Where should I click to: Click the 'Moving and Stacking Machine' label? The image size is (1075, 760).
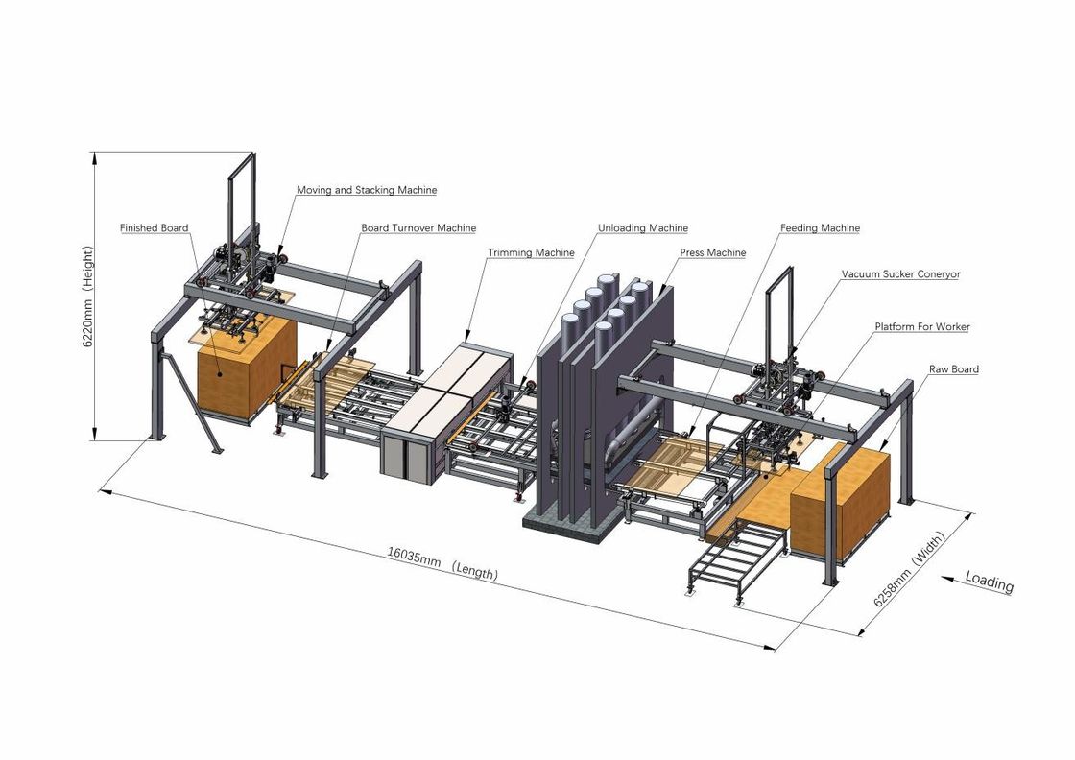click(x=367, y=190)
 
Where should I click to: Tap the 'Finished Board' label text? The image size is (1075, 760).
click(x=155, y=228)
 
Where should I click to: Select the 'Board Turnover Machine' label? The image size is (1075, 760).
click(x=418, y=228)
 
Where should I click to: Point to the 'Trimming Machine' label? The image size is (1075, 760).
click(x=531, y=253)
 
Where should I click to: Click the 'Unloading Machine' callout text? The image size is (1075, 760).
click(x=643, y=228)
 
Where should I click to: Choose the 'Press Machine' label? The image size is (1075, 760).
click(x=713, y=253)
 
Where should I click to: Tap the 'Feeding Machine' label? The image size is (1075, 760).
click(x=820, y=228)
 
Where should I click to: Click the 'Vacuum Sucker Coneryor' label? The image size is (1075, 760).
click(x=901, y=274)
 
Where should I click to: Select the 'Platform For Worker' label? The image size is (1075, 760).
click(x=922, y=327)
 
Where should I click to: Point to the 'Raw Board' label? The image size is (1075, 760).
click(x=954, y=369)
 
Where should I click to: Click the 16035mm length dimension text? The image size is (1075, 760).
click(x=442, y=563)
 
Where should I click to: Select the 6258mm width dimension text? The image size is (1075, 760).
click(x=908, y=569)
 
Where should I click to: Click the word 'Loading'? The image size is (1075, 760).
click(x=990, y=582)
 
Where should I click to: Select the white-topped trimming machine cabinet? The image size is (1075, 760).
click(x=447, y=410)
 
